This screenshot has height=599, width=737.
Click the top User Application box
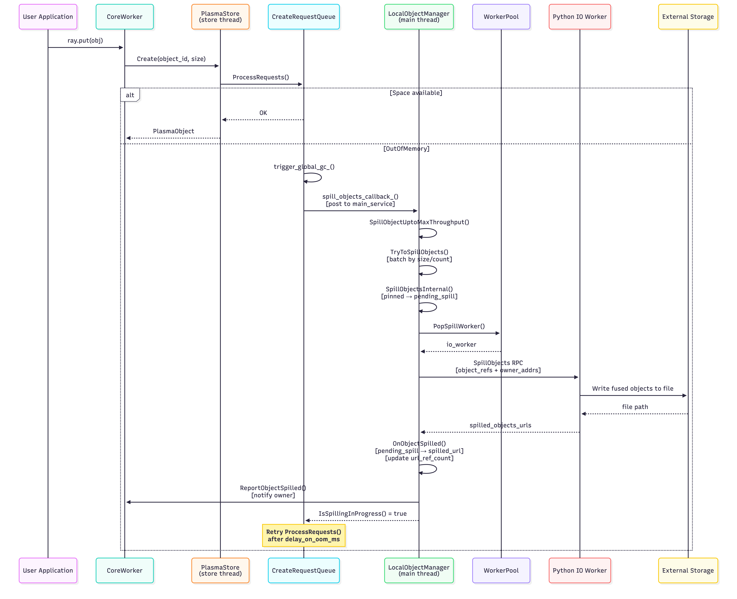point(48,17)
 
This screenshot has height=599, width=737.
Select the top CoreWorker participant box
point(124,17)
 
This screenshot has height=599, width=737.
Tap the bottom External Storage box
point(688,570)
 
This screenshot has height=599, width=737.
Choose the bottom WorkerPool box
point(501,570)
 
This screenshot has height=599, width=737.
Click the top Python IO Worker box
point(579,17)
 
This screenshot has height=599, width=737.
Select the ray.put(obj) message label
point(85,40)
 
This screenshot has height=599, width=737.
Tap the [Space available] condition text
point(416,93)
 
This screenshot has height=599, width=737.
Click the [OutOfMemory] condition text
point(406,149)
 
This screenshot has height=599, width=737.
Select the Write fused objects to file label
point(633,389)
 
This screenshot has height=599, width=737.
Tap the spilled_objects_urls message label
point(500,425)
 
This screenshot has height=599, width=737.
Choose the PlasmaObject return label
point(173,131)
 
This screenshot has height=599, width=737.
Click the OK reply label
point(263,113)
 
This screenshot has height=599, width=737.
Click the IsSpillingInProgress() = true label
point(362,513)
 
